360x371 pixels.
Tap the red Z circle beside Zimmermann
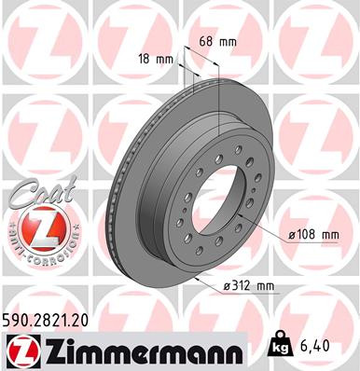tap(20, 350)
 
